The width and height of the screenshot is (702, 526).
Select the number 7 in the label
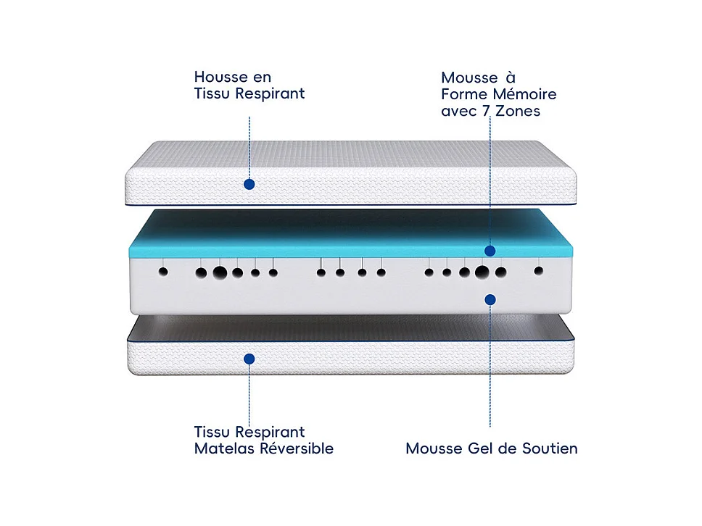[484, 112]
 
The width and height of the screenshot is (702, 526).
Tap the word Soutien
[550, 448]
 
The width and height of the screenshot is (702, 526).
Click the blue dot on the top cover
[249, 184]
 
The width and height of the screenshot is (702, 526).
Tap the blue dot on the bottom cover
[249, 358]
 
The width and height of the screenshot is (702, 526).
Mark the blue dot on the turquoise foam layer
[490, 251]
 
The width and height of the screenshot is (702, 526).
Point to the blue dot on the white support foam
[490, 299]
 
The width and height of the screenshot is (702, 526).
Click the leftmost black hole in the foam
[163, 272]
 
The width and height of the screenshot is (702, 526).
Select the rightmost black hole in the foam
[538, 271]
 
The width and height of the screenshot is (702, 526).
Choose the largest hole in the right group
[482, 272]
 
